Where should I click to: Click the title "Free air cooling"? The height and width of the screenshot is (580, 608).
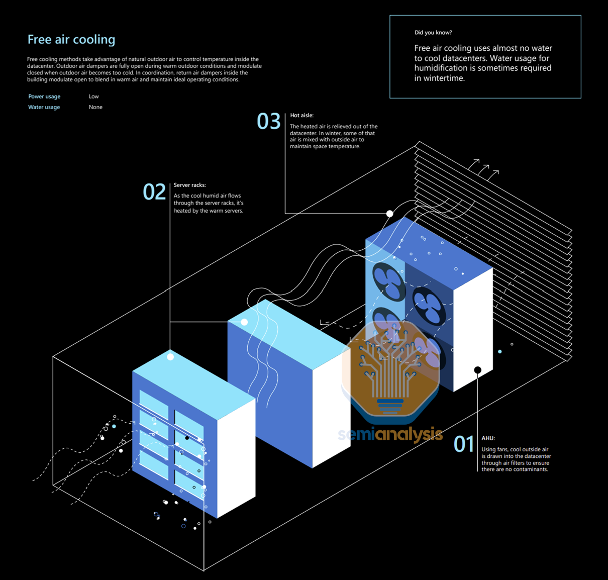(x=71, y=40)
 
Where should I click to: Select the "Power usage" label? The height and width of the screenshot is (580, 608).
(x=44, y=96)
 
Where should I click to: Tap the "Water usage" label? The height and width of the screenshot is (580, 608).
(x=44, y=107)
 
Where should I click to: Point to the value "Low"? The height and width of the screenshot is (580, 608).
(x=94, y=96)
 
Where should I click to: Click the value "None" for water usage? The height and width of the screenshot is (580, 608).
(x=95, y=107)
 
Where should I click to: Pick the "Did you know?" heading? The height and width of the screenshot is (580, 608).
(x=433, y=33)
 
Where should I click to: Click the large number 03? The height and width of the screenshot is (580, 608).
(x=268, y=122)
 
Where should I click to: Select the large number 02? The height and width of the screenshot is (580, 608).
(x=154, y=192)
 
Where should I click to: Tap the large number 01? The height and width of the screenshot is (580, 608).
(x=464, y=444)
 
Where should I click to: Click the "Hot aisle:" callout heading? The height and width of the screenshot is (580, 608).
(x=301, y=116)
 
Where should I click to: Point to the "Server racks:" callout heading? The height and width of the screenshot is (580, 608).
(x=189, y=185)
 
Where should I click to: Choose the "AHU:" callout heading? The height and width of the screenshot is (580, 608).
(x=488, y=438)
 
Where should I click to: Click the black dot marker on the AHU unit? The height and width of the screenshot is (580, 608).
(x=477, y=370)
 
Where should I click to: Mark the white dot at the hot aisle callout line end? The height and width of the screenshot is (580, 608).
(x=389, y=214)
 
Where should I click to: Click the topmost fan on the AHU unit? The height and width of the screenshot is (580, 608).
(x=388, y=279)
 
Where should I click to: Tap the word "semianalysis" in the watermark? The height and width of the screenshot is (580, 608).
(x=390, y=434)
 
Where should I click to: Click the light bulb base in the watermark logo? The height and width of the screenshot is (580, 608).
(x=390, y=405)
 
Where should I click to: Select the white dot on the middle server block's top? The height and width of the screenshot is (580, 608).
(x=244, y=322)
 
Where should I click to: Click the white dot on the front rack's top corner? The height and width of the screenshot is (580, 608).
(x=170, y=357)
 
